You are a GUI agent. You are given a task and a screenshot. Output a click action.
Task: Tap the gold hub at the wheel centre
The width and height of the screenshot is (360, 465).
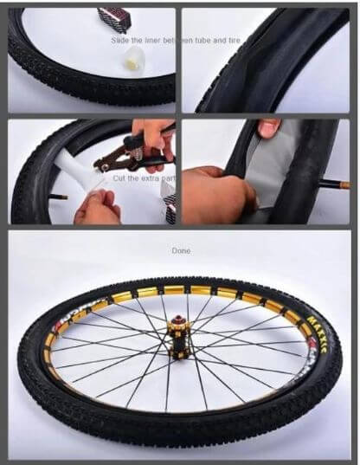(x=179, y=342)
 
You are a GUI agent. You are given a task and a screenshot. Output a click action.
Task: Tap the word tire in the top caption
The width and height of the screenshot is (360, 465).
(x=245, y=40)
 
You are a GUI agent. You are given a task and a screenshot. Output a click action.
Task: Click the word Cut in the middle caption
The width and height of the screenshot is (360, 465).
(x=119, y=178)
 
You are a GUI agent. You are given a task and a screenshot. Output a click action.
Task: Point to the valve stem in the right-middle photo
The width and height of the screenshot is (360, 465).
(x=332, y=184)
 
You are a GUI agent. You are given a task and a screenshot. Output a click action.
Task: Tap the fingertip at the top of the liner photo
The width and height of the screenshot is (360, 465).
(x=268, y=127)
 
